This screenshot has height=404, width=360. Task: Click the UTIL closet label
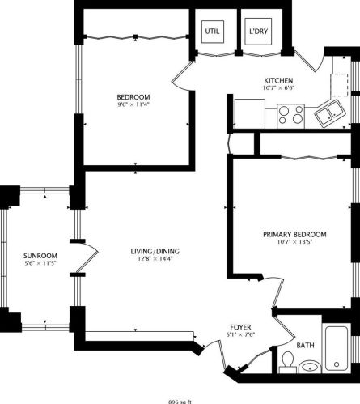[213, 32]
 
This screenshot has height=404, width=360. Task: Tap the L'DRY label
[258, 32]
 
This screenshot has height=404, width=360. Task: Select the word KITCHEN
[277, 80]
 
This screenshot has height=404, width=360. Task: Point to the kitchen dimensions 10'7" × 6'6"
[277, 89]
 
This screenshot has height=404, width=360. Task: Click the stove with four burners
[290, 114]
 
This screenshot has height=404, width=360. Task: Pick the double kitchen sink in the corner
[330, 114]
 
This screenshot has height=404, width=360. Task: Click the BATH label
[305, 346]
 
